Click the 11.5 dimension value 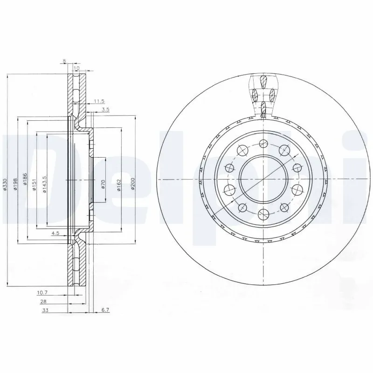point(98,101)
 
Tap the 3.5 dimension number point(105,110)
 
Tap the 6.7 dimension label point(105,310)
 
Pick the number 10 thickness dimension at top point(77,69)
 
